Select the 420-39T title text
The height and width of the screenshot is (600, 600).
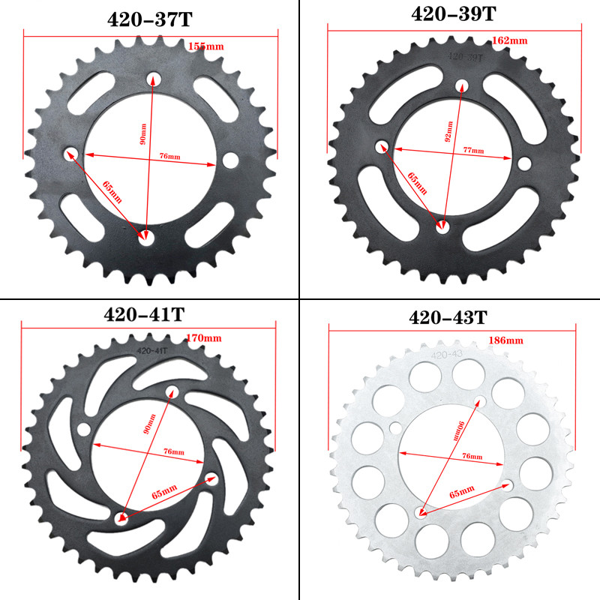click(453, 14)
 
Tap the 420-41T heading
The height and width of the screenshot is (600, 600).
click(143, 314)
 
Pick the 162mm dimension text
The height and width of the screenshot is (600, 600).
click(510, 40)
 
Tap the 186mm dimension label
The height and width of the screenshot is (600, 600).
click(505, 340)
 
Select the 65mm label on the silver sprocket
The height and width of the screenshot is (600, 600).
click(462, 491)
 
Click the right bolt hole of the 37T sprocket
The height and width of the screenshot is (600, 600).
click(229, 160)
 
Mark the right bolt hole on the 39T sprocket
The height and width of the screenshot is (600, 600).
click(524, 163)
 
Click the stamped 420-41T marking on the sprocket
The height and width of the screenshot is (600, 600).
click(151, 349)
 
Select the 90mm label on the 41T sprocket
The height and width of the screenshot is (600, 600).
click(148, 425)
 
